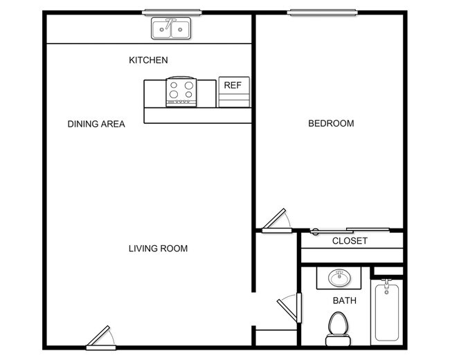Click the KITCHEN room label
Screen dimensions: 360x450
pyautogui.click(x=148, y=60)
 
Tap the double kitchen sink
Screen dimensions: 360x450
pyautogui.click(x=171, y=29)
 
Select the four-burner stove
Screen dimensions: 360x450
pyautogui.click(x=181, y=92)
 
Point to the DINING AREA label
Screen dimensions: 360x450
pyautogui.click(x=96, y=125)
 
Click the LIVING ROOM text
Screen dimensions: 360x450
pyautogui.click(x=158, y=249)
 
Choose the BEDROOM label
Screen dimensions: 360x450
pyautogui.click(x=330, y=124)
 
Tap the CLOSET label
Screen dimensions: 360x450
pyautogui.click(x=350, y=241)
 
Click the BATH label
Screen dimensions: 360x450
pyautogui.click(x=344, y=300)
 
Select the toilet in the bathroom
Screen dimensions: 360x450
pyautogui.click(x=337, y=327)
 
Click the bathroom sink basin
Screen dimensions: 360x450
pyautogui.click(x=338, y=278)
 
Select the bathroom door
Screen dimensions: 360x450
pyautogui.click(x=289, y=305)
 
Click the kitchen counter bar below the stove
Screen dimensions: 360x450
pyautogui.click(x=197, y=116)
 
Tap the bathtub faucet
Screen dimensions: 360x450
pyautogui.click(x=386, y=285)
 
